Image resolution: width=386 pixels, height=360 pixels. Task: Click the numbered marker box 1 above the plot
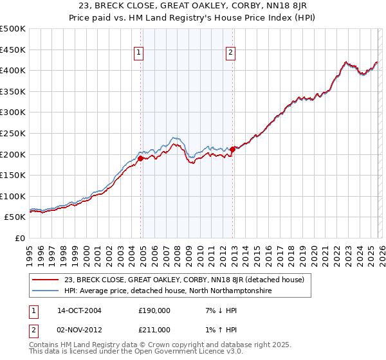coord(138,53)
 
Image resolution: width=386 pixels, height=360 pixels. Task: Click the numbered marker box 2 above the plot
coord(230,53)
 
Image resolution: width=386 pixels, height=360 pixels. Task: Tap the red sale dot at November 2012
coord(233,149)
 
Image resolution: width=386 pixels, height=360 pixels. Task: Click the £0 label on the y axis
coord(19,238)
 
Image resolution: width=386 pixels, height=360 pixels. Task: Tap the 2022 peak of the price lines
coord(346,62)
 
